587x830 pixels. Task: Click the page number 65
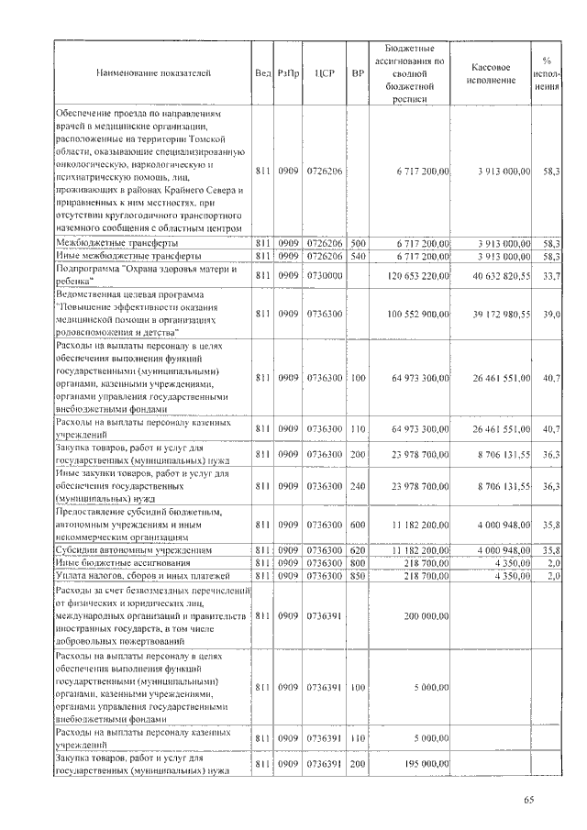tap(529, 801)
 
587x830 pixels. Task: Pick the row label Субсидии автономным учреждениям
tap(134, 549)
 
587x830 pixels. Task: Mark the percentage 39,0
tap(551, 314)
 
